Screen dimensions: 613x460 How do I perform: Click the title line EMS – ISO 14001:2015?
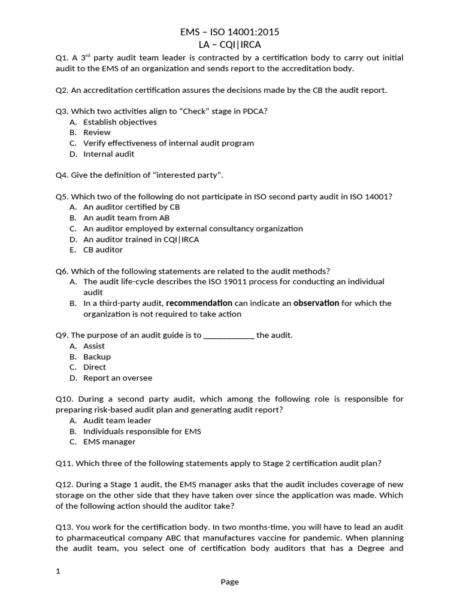[230, 32]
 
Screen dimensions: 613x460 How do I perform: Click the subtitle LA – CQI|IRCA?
[230, 45]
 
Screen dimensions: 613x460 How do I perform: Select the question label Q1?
[62, 58]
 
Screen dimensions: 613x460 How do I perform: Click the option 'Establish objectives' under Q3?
[120, 122]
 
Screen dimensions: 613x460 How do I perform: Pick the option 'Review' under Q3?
[96, 132]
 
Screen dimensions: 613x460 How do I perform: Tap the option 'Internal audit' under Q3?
[108, 154]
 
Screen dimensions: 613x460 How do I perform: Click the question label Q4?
[62, 175]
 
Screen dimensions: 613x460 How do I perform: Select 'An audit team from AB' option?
[126, 218]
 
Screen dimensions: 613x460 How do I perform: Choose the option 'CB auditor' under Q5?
[103, 250]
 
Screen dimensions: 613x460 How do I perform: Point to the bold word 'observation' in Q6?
[316, 303]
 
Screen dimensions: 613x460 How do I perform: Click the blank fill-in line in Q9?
[229, 335]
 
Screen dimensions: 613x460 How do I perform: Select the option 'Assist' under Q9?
[94, 346]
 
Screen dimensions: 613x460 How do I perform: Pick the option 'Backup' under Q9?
[96, 357]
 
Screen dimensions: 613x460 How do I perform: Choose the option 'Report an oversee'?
[117, 378]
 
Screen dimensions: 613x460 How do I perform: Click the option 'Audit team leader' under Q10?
[117, 420]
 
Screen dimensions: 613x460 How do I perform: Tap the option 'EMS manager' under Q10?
[109, 442]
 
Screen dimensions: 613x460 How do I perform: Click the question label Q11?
[63, 463]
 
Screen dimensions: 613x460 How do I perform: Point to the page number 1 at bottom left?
[58, 571]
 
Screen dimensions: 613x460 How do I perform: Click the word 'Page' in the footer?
[229, 582]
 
